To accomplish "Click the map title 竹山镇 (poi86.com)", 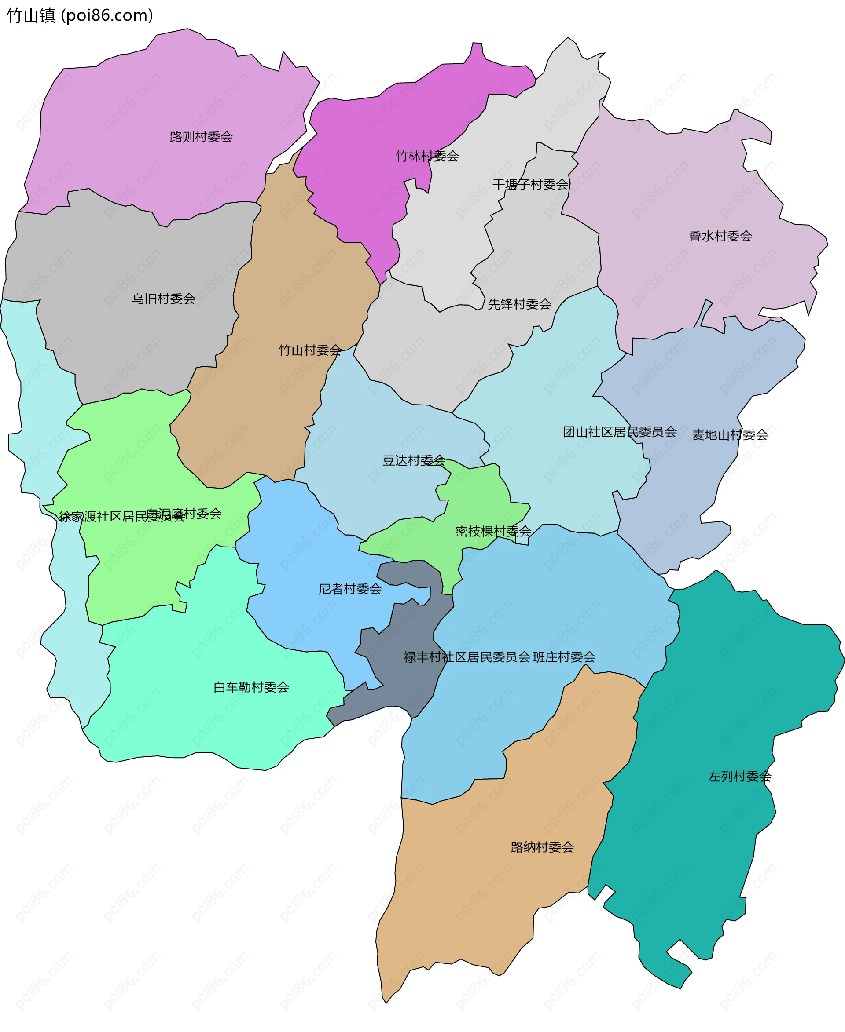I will [80, 15].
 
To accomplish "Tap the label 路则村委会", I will [201, 137].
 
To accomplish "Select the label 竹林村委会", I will [427, 156].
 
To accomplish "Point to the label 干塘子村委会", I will [530, 184].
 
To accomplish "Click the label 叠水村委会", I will [720, 237].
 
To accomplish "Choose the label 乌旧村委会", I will [164, 299].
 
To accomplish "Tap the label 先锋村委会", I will [519, 304].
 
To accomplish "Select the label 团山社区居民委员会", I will [620, 432].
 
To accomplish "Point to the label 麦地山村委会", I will [730, 435].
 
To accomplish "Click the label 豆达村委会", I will [414, 460].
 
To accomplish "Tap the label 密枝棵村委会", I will [493, 531].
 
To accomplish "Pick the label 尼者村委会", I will [350, 589].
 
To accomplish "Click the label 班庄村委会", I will [564, 657].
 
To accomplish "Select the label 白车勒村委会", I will [251, 687].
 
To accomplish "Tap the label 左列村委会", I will [739, 777].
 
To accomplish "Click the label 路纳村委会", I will [542, 847].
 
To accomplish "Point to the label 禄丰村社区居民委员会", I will [467, 657].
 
